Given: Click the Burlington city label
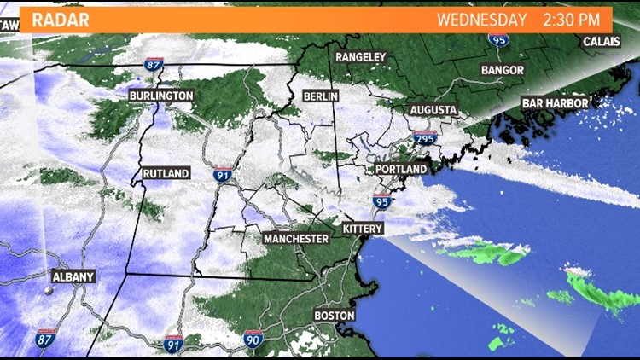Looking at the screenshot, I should coord(161,96).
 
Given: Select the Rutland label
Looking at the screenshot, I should coord(166,173).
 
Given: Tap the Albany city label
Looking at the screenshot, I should coord(73,277).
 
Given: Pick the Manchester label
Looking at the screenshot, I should coord(296,238).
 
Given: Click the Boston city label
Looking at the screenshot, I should coord(334,316).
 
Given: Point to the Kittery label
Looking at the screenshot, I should coord(363,229).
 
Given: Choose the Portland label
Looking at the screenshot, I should coord(400,170).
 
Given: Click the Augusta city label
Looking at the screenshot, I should coord(434,110).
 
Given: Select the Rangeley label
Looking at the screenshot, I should coord(361,56).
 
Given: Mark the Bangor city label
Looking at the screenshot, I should coord(502,70).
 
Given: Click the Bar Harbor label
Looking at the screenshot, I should coord(555,103).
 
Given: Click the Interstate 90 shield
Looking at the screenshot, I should coord(253,339).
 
